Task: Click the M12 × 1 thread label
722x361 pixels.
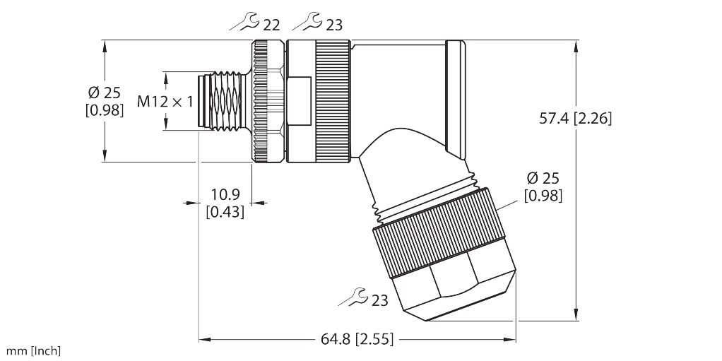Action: click(x=165, y=102)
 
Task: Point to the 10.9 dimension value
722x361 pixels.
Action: click(x=225, y=194)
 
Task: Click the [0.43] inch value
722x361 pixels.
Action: click(x=225, y=211)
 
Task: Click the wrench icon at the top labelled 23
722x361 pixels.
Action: click(x=307, y=25)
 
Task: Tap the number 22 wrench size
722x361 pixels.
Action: click(x=271, y=25)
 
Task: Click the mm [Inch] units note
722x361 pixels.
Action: click(x=34, y=350)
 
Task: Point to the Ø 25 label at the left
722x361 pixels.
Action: click(x=105, y=93)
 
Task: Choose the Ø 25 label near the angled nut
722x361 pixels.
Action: click(x=543, y=179)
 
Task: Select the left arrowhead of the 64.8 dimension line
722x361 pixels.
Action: click(x=202, y=338)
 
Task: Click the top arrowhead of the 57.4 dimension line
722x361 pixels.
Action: click(x=577, y=45)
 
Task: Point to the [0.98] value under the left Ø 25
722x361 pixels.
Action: click(x=105, y=110)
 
